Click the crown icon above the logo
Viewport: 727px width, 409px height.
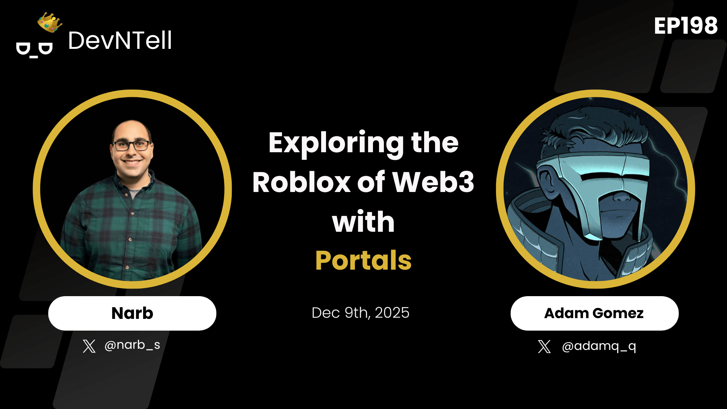[x=50, y=22]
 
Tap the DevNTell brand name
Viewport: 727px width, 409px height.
[x=120, y=41]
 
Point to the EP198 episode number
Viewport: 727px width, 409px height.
[x=686, y=26]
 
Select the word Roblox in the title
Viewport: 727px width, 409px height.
[x=301, y=183]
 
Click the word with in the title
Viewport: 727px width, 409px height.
[x=363, y=222]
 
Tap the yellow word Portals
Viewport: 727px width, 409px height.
[x=363, y=261]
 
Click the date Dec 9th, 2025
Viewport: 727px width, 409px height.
[x=360, y=313]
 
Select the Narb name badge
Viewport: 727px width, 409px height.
[x=132, y=313]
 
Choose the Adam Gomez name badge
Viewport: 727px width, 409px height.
[x=594, y=313]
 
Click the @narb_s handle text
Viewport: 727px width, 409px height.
[x=132, y=345]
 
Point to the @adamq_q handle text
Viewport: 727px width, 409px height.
[x=599, y=346]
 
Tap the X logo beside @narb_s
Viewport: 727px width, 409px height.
[x=89, y=346]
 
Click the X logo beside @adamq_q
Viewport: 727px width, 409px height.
[x=544, y=346]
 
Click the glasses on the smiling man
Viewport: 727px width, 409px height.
[x=131, y=145]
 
